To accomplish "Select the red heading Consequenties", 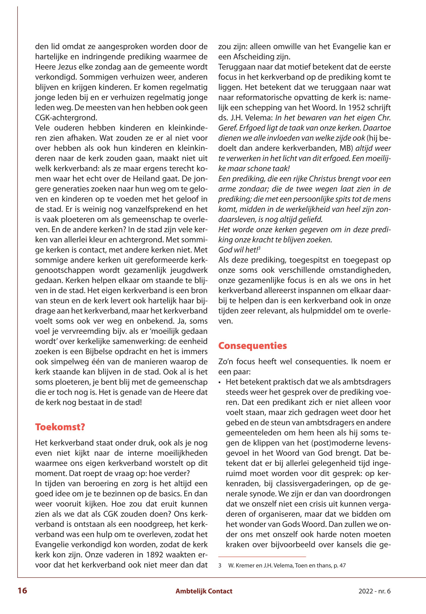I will point(253,346).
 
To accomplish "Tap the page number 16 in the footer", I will point(22,591).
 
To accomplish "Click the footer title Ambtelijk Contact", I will point(204,591).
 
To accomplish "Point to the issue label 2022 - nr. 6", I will point(375,591).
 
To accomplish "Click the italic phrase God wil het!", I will point(238,250).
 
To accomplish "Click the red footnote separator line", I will point(262,564).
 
